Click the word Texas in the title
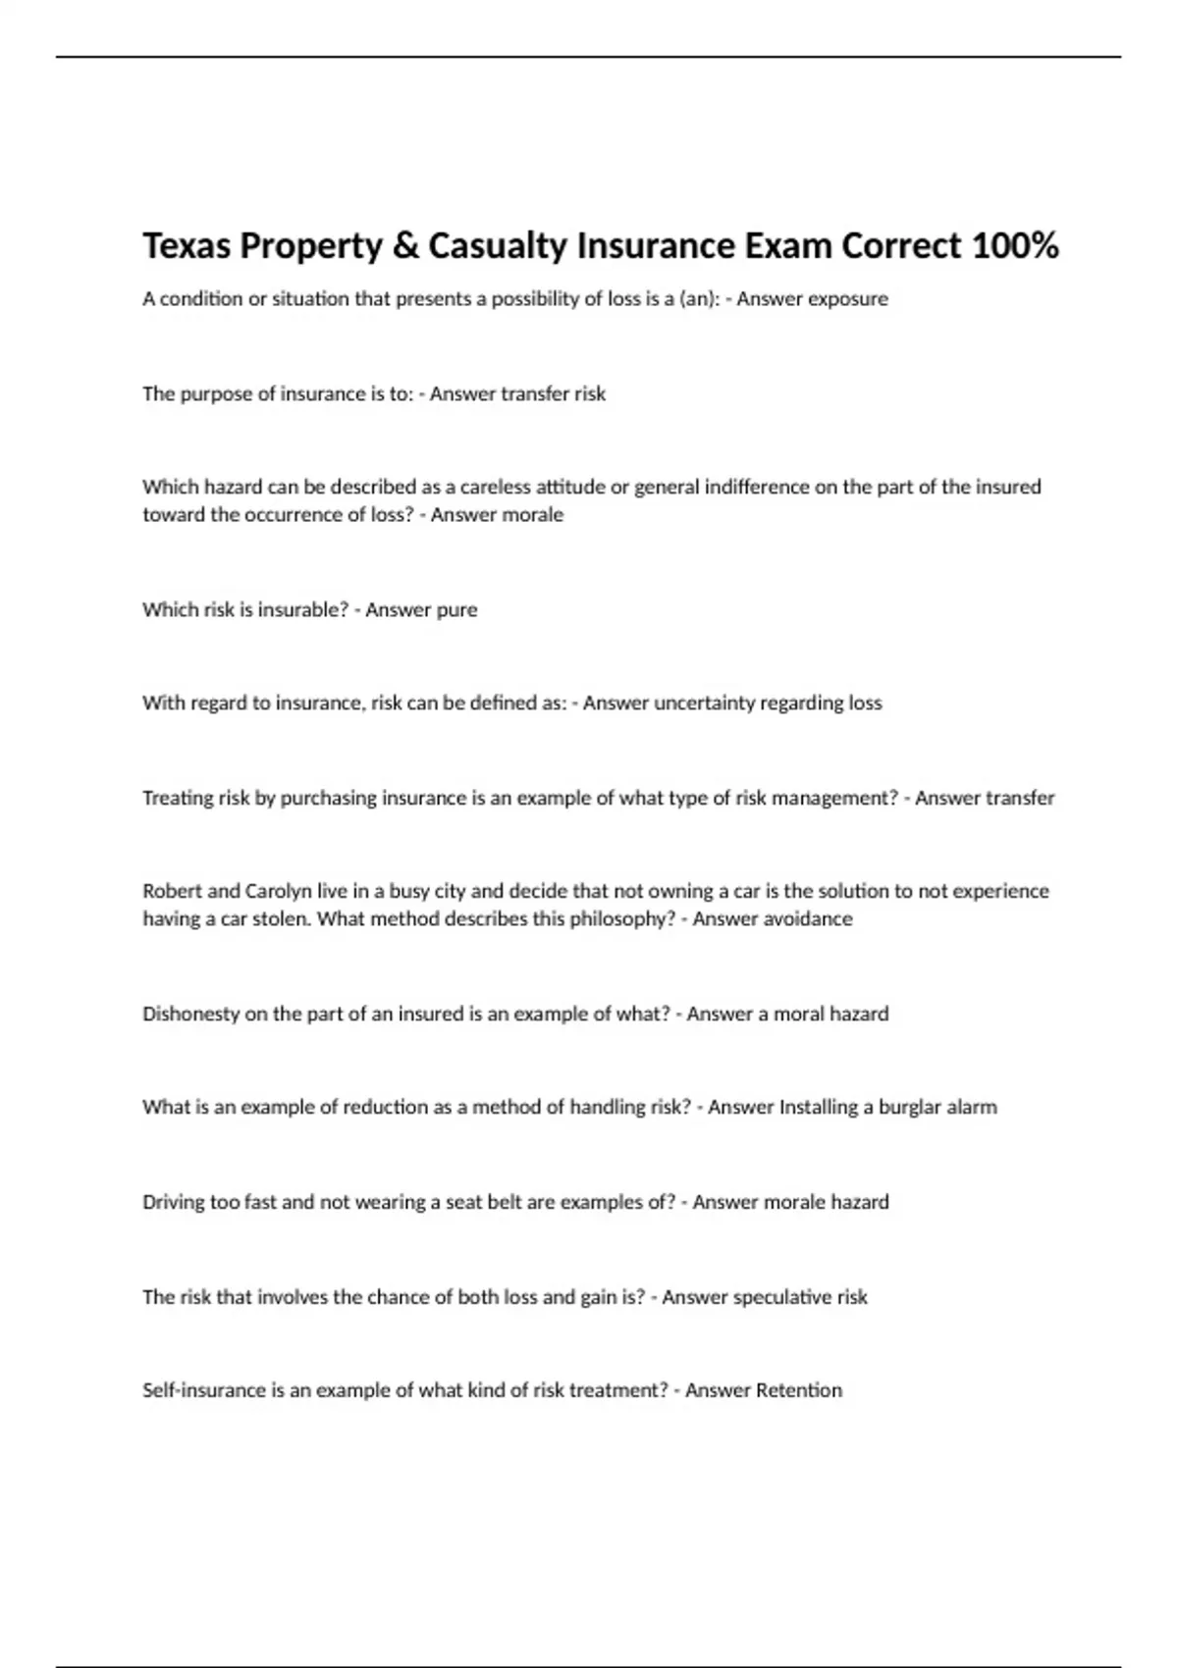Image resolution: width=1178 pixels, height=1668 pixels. tap(187, 245)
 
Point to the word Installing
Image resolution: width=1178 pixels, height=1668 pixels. tap(819, 1107)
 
